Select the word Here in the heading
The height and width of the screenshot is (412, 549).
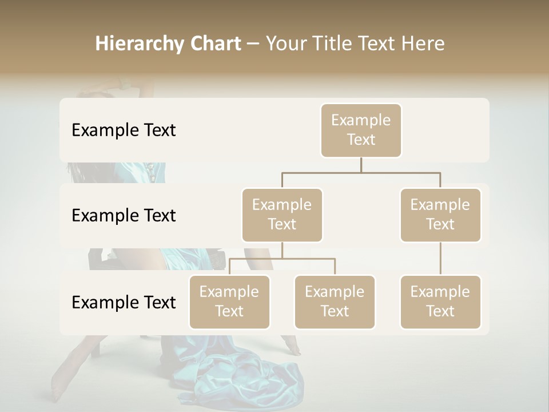[x=422, y=44]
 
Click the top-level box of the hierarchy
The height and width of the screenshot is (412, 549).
[x=361, y=130]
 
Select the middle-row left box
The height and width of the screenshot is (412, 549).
[x=282, y=215]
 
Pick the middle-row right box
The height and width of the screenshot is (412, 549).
[x=440, y=215]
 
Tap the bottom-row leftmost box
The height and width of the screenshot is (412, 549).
[x=229, y=302]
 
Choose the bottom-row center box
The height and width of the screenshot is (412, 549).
[x=335, y=302]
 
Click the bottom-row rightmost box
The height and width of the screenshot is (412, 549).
[x=440, y=302]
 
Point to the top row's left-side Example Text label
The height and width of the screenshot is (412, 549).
[x=124, y=130]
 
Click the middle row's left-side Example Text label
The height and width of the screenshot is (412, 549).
[x=124, y=216]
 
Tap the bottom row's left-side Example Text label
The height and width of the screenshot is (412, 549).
[x=124, y=303]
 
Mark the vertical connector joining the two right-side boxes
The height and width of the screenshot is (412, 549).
[x=440, y=259]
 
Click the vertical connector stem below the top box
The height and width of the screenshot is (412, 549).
[x=361, y=165]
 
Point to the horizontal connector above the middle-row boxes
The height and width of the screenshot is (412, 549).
[x=361, y=172]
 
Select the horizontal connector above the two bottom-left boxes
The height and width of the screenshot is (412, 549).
[x=282, y=259]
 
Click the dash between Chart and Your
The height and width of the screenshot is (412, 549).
[x=253, y=44]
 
